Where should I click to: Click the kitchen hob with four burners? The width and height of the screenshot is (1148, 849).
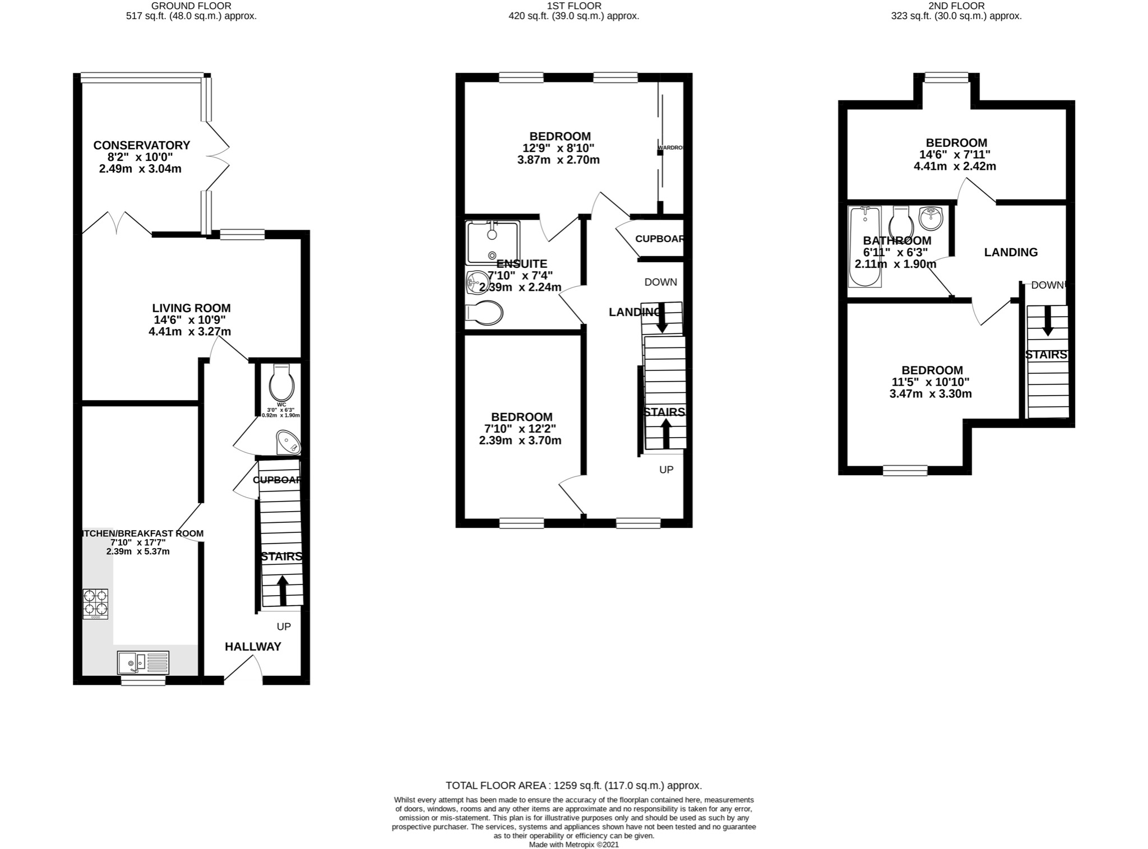pyautogui.click(x=95, y=604)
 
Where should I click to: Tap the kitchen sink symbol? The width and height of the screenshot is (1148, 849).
pyautogui.click(x=143, y=662)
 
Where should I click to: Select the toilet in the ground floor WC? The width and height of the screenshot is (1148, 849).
pyautogui.click(x=281, y=383)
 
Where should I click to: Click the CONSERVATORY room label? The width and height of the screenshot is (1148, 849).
pyautogui.click(x=141, y=145)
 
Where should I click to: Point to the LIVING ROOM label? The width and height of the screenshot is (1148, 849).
pyautogui.click(x=191, y=308)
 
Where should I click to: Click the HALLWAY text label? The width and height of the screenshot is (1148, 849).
pyautogui.click(x=253, y=647)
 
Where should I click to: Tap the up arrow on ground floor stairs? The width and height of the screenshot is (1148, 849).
pyautogui.click(x=283, y=590)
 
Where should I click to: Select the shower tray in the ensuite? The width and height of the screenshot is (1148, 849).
pyautogui.click(x=492, y=242)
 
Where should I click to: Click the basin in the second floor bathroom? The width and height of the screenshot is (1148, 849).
pyautogui.click(x=932, y=219)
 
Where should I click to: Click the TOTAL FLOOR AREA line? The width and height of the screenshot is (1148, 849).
pyautogui.click(x=573, y=786)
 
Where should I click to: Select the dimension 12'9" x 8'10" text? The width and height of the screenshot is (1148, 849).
pyautogui.click(x=558, y=148)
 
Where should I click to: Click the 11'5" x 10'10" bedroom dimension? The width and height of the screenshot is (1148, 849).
pyautogui.click(x=931, y=382)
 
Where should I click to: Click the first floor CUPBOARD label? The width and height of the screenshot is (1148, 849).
pyautogui.click(x=659, y=239)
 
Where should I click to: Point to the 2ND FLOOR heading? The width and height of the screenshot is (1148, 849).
pyautogui.click(x=956, y=6)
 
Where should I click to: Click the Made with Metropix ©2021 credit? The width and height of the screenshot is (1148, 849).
pyautogui.click(x=573, y=845)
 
